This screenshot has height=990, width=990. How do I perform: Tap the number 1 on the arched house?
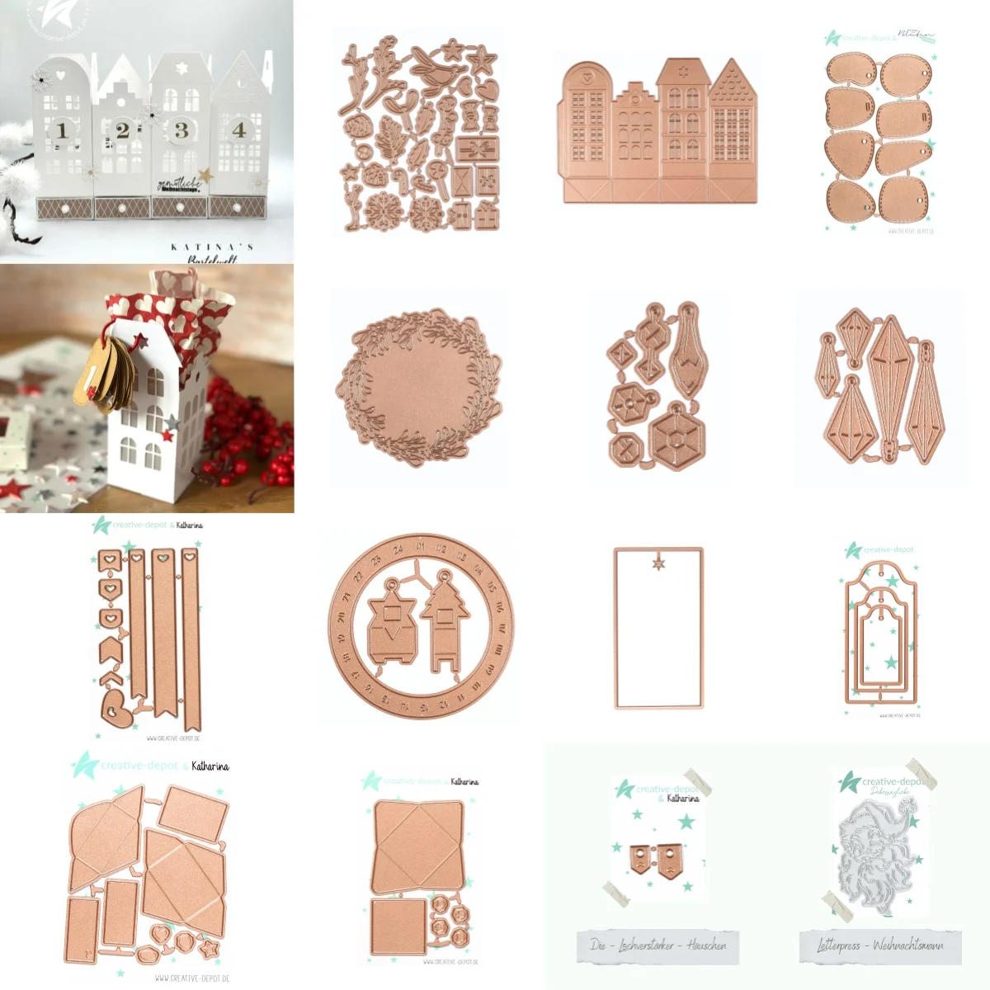(62, 130)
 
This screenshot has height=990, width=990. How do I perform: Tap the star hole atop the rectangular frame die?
(658, 563)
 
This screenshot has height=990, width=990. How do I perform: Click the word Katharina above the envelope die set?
(210, 766)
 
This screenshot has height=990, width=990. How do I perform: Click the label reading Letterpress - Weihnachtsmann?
(880, 945)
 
